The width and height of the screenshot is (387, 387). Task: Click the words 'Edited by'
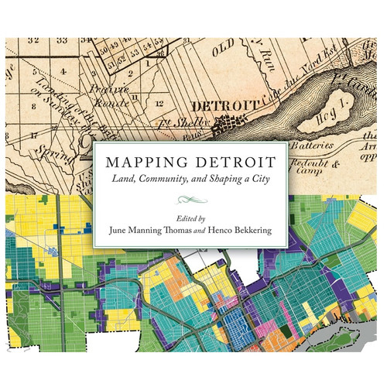[193, 218]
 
